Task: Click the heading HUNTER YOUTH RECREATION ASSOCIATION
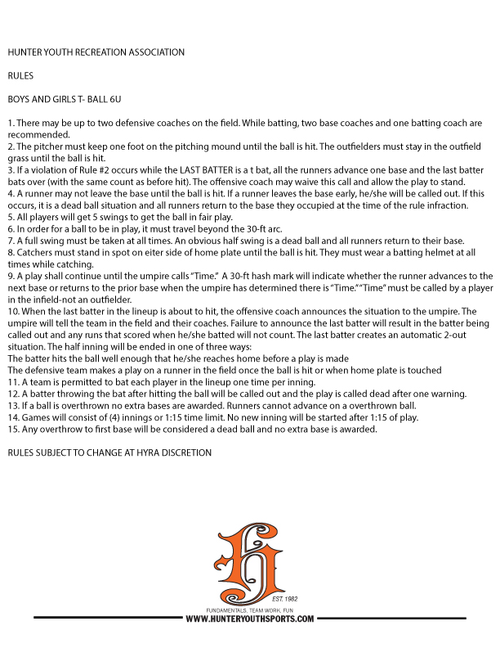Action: tap(96, 52)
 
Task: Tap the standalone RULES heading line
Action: tap(19, 75)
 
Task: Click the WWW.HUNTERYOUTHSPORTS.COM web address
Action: tap(250, 619)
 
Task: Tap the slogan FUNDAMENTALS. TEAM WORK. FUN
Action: tap(250, 610)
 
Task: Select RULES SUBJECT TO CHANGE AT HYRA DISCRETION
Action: tap(109, 452)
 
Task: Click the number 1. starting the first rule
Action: tap(11, 123)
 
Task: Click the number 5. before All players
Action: tap(11, 217)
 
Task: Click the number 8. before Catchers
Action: tap(11, 252)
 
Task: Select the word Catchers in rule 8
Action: tap(34, 252)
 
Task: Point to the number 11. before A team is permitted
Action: tap(13, 382)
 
